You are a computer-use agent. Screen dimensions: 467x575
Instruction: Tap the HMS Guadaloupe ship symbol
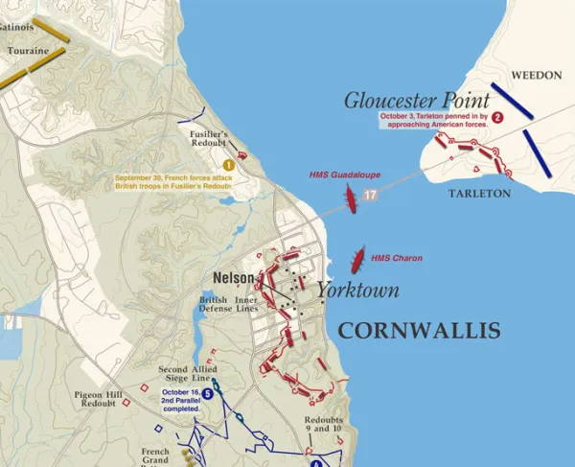click(x=352, y=199)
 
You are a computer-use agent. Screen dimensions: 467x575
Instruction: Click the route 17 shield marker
click(x=371, y=195)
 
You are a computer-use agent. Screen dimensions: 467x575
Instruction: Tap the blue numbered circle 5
click(x=208, y=393)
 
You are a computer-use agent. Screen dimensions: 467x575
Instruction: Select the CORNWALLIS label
click(x=419, y=332)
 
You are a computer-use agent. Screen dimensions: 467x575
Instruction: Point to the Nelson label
click(x=233, y=278)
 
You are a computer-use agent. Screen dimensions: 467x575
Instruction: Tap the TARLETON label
click(x=479, y=193)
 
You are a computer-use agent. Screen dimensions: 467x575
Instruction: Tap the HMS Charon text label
click(x=396, y=258)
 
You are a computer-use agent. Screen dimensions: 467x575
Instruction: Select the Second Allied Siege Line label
click(x=186, y=375)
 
